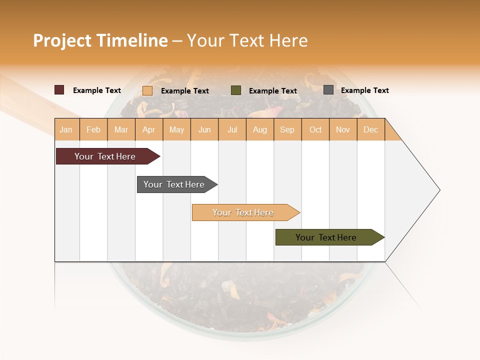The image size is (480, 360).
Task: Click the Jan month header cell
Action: [x=66, y=129]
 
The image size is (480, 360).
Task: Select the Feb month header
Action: [x=93, y=129]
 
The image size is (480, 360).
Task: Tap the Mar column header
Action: [x=121, y=129]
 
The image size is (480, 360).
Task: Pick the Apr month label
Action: [x=149, y=129]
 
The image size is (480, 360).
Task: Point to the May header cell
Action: [x=176, y=129]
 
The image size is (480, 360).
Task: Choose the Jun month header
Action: [x=204, y=129]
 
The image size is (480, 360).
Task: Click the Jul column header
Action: [x=232, y=129]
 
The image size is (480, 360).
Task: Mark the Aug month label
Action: [x=260, y=129]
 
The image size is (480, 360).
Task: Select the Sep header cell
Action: [x=287, y=129]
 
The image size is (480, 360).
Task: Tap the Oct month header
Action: [x=315, y=129]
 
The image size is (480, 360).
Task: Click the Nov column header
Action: [x=343, y=129]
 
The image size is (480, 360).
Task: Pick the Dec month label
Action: [x=371, y=129]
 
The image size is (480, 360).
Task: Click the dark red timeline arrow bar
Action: [x=105, y=156]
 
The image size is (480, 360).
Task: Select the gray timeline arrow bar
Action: [x=174, y=184]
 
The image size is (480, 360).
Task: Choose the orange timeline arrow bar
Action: [x=243, y=212]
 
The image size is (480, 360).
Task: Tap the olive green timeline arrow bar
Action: [x=326, y=237]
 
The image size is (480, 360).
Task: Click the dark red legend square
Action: [x=59, y=90]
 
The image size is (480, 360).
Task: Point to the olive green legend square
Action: [x=236, y=90]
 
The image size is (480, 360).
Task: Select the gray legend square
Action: [x=328, y=90]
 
